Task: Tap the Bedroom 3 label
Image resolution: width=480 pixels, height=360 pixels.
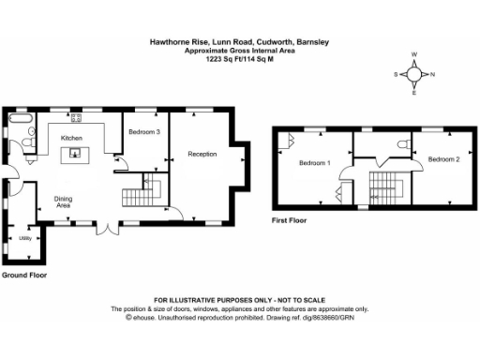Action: tap(144, 132)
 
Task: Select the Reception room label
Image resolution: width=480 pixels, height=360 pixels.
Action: tap(202, 154)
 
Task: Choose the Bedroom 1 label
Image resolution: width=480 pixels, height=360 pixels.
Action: tap(314, 163)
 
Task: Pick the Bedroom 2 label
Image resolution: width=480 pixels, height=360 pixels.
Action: tap(443, 159)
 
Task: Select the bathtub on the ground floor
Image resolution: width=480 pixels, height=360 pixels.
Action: tap(20, 120)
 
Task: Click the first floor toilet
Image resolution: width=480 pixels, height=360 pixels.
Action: tap(402, 143)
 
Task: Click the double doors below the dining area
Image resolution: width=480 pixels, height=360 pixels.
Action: tap(109, 224)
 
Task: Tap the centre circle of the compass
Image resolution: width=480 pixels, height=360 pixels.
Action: tap(413, 74)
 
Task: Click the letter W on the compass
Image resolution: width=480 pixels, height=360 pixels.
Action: tap(413, 54)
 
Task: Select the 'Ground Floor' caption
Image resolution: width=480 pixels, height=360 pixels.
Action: tap(23, 276)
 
